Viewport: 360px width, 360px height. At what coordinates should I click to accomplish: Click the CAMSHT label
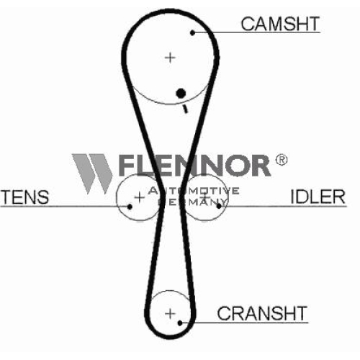[x=280, y=24]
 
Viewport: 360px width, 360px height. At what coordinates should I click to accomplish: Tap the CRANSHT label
[x=262, y=313]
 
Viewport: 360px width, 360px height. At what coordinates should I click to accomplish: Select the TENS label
[x=25, y=197]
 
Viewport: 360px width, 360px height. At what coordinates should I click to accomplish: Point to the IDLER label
[x=318, y=197]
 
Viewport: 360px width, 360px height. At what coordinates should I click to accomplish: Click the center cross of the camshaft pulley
[x=170, y=58]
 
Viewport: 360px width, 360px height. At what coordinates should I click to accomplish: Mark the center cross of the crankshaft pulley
[x=170, y=314]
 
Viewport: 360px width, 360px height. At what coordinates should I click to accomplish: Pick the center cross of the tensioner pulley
[x=140, y=197]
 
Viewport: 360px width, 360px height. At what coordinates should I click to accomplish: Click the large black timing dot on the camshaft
[x=181, y=93]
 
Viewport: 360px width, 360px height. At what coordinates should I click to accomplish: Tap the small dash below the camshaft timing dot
[x=185, y=109]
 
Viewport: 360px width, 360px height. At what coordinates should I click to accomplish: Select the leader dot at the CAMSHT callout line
[x=192, y=32]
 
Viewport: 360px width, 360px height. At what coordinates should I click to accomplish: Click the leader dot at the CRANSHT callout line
[x=180, y=323]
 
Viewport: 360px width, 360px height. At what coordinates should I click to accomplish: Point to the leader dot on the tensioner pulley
[x=130, y=207]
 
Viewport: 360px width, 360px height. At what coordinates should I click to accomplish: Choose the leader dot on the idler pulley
[x=219, y=206]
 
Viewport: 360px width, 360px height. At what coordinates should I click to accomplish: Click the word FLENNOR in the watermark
[x=194, y=165]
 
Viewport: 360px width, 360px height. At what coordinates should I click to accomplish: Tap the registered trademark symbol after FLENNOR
[x=281, y=160]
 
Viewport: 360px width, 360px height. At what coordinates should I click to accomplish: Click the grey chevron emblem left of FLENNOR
[x=92, y=174]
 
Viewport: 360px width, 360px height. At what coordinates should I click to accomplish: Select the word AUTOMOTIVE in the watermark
[x=194, y=190]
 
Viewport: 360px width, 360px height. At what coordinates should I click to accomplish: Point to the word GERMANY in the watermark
[x=192, y=202]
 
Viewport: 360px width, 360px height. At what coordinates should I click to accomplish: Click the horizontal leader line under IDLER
[x=283, y=206]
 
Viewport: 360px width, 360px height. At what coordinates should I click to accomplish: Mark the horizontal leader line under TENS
[x=65, y=206]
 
